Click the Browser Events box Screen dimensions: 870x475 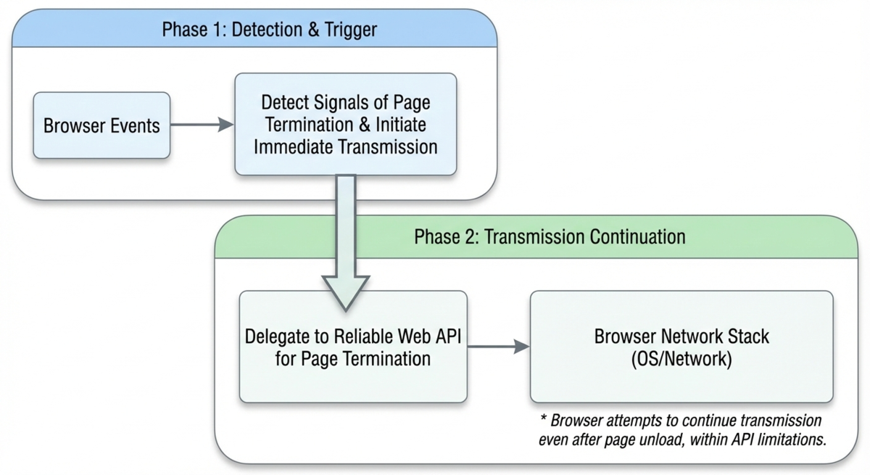(101, 125)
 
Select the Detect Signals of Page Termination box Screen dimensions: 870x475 (346, 124)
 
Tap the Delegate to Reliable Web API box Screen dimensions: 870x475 (353, 347)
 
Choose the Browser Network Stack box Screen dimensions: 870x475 (681, 347)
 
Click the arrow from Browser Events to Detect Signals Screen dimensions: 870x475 (202, 125)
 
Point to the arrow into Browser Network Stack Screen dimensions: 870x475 (498, 346)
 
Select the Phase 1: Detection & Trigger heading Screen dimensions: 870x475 (270, 30)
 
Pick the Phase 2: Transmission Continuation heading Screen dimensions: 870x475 (550, 237)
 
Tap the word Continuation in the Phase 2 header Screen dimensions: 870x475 (637, 237)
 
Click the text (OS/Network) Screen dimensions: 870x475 (681, 358)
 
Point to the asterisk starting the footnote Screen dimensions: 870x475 (543, 419)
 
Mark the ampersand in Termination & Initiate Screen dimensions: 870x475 (364, 125)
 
